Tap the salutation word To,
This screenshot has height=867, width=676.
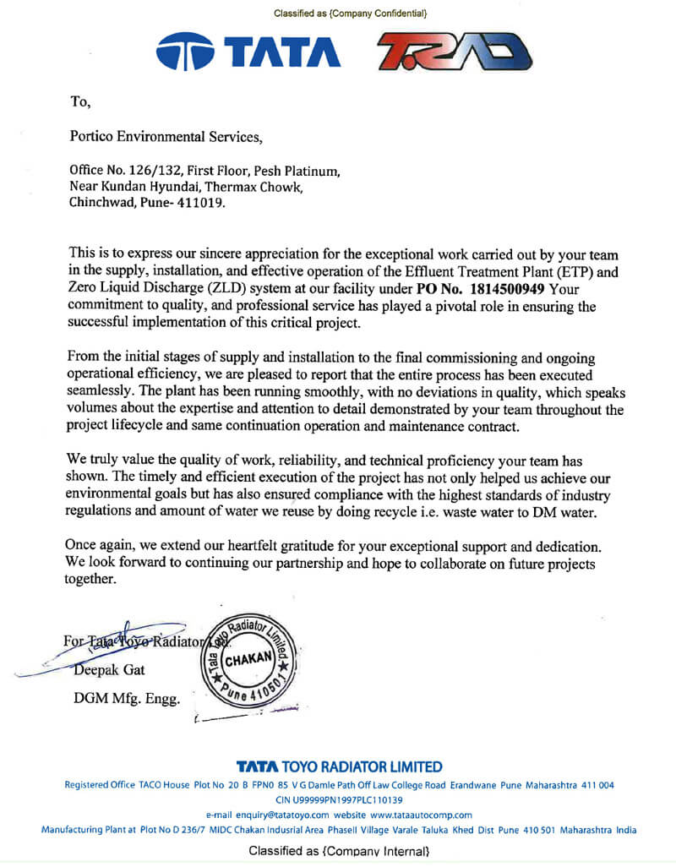tap(79, 102)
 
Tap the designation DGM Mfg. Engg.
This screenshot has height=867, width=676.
tap(127, 699)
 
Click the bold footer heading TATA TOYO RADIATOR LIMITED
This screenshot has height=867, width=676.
tap(339, 767)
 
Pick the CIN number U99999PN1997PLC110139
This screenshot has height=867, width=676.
tap(339, 799)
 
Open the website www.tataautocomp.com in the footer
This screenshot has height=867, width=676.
tap(421, 815)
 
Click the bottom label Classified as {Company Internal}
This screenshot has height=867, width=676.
tap(339, 851)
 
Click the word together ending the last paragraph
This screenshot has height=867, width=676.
tap(89, 580)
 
